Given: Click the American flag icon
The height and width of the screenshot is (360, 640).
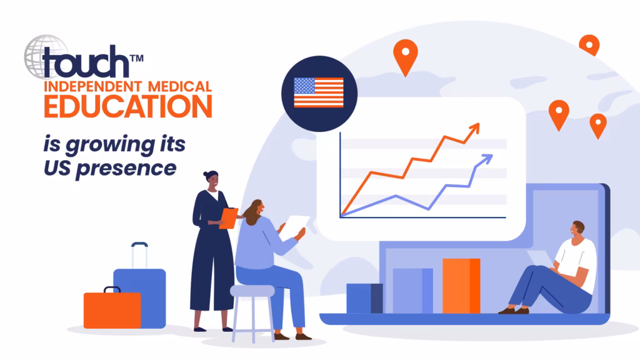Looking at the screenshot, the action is point(319,92).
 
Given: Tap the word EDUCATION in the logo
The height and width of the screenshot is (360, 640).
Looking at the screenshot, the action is point(128,106).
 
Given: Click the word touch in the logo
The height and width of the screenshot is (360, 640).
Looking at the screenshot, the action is point(85,62).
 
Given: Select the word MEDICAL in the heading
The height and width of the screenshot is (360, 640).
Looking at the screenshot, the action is point(179,86).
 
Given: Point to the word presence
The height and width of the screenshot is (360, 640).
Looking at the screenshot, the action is point(126,168).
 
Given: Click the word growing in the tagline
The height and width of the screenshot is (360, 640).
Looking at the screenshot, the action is point(110,145).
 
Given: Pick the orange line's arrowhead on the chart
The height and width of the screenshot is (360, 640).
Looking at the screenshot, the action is point(474,129).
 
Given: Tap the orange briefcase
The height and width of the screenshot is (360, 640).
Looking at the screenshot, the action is point(112,308).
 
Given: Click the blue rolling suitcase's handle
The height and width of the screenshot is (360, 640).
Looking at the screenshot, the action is point(139,256).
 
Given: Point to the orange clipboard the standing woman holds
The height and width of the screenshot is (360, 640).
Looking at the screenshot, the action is point(229,218).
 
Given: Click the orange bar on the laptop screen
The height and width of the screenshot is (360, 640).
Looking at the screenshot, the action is point(461,286).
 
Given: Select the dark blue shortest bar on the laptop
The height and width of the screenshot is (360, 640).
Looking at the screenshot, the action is point(364,298).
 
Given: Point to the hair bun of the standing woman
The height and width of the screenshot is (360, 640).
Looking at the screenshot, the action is point(206,174).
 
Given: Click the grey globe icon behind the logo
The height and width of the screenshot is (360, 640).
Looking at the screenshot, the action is point(46,56).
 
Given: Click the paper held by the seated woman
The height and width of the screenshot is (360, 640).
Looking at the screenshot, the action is point(296,226).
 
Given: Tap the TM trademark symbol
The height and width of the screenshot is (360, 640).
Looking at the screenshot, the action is point(137,58).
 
